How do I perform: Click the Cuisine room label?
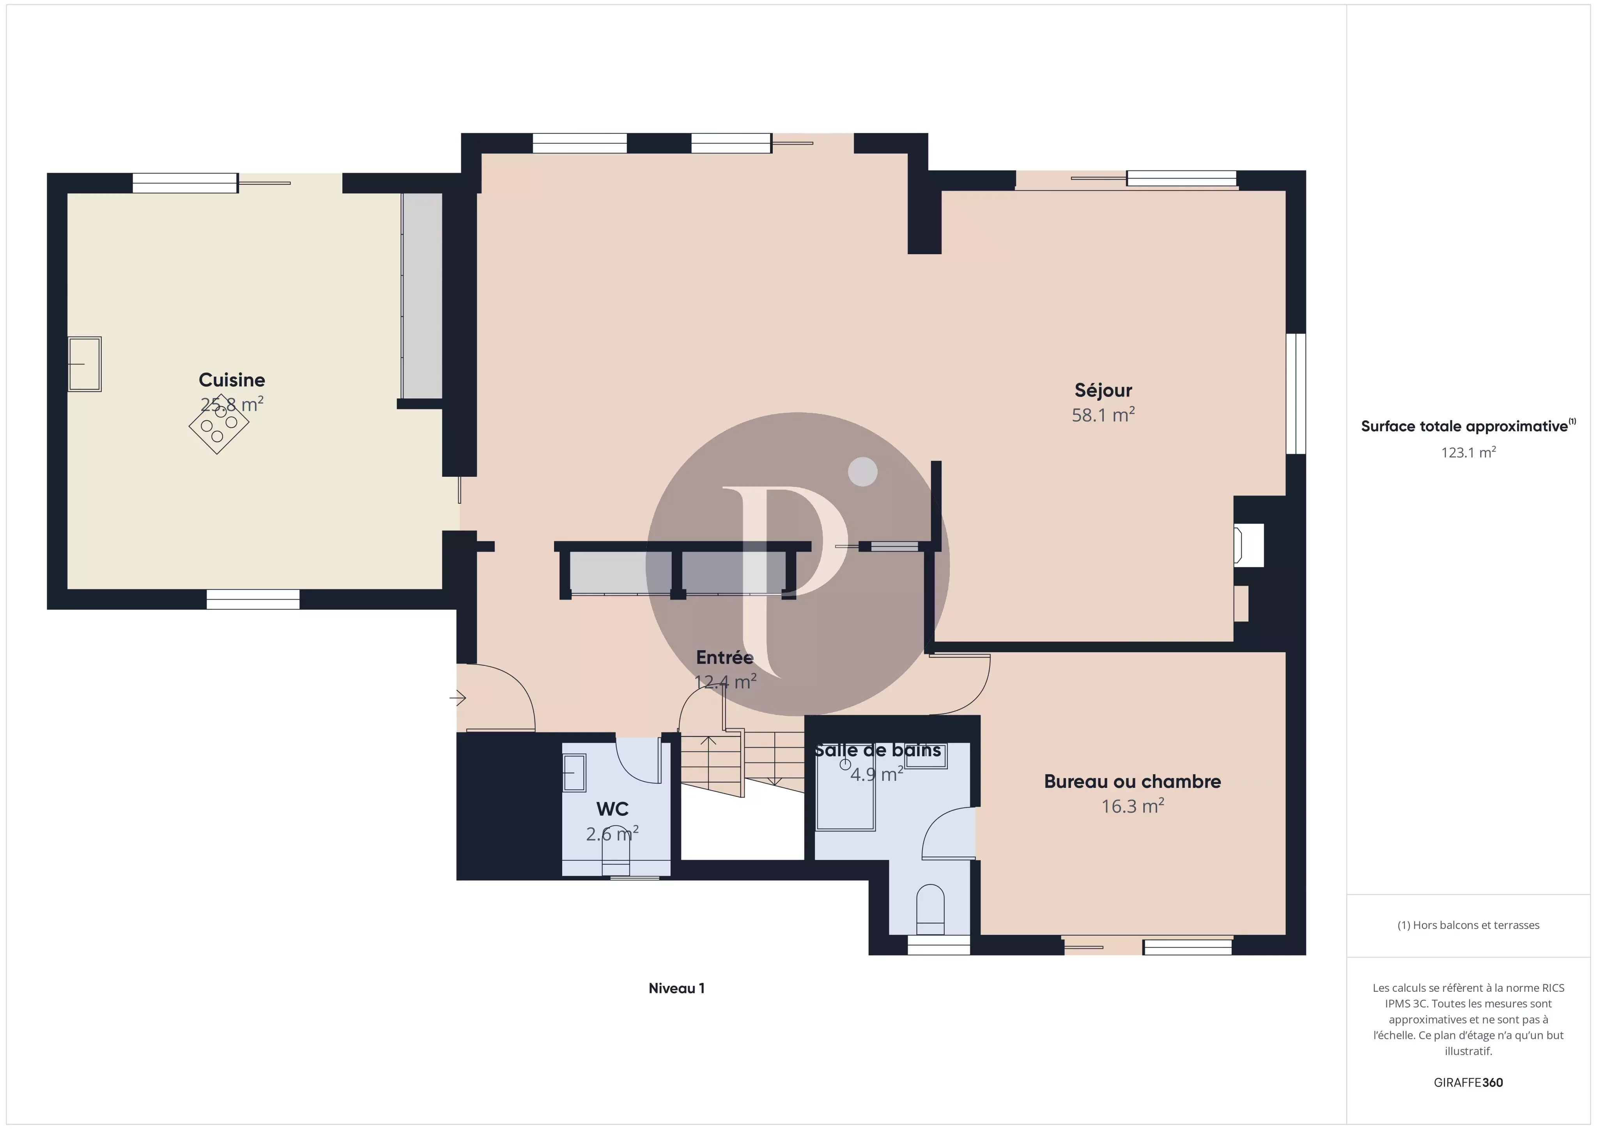[x=232, y=380]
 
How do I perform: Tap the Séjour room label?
[x=1103, y=390]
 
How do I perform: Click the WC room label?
[x=612, y=809]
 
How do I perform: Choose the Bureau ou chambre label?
[x=1132, y=781]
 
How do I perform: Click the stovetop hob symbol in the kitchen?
[x=218, y=424]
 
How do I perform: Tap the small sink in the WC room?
[x=574, y=772]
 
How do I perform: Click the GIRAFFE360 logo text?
[x=1468, y=1082]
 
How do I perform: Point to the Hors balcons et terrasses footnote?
[x=1468, y=925]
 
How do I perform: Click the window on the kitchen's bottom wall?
[x=253, y=599]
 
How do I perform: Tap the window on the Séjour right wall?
[x=1295, y=394]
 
